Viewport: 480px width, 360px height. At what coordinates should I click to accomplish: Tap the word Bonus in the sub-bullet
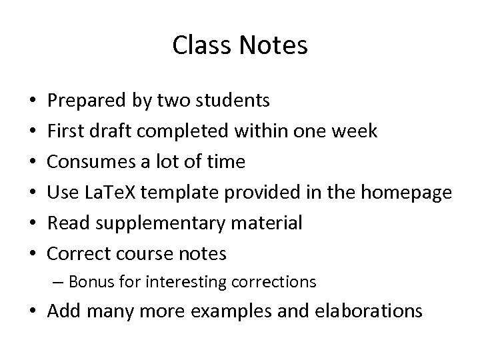(x=89, y=282)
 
